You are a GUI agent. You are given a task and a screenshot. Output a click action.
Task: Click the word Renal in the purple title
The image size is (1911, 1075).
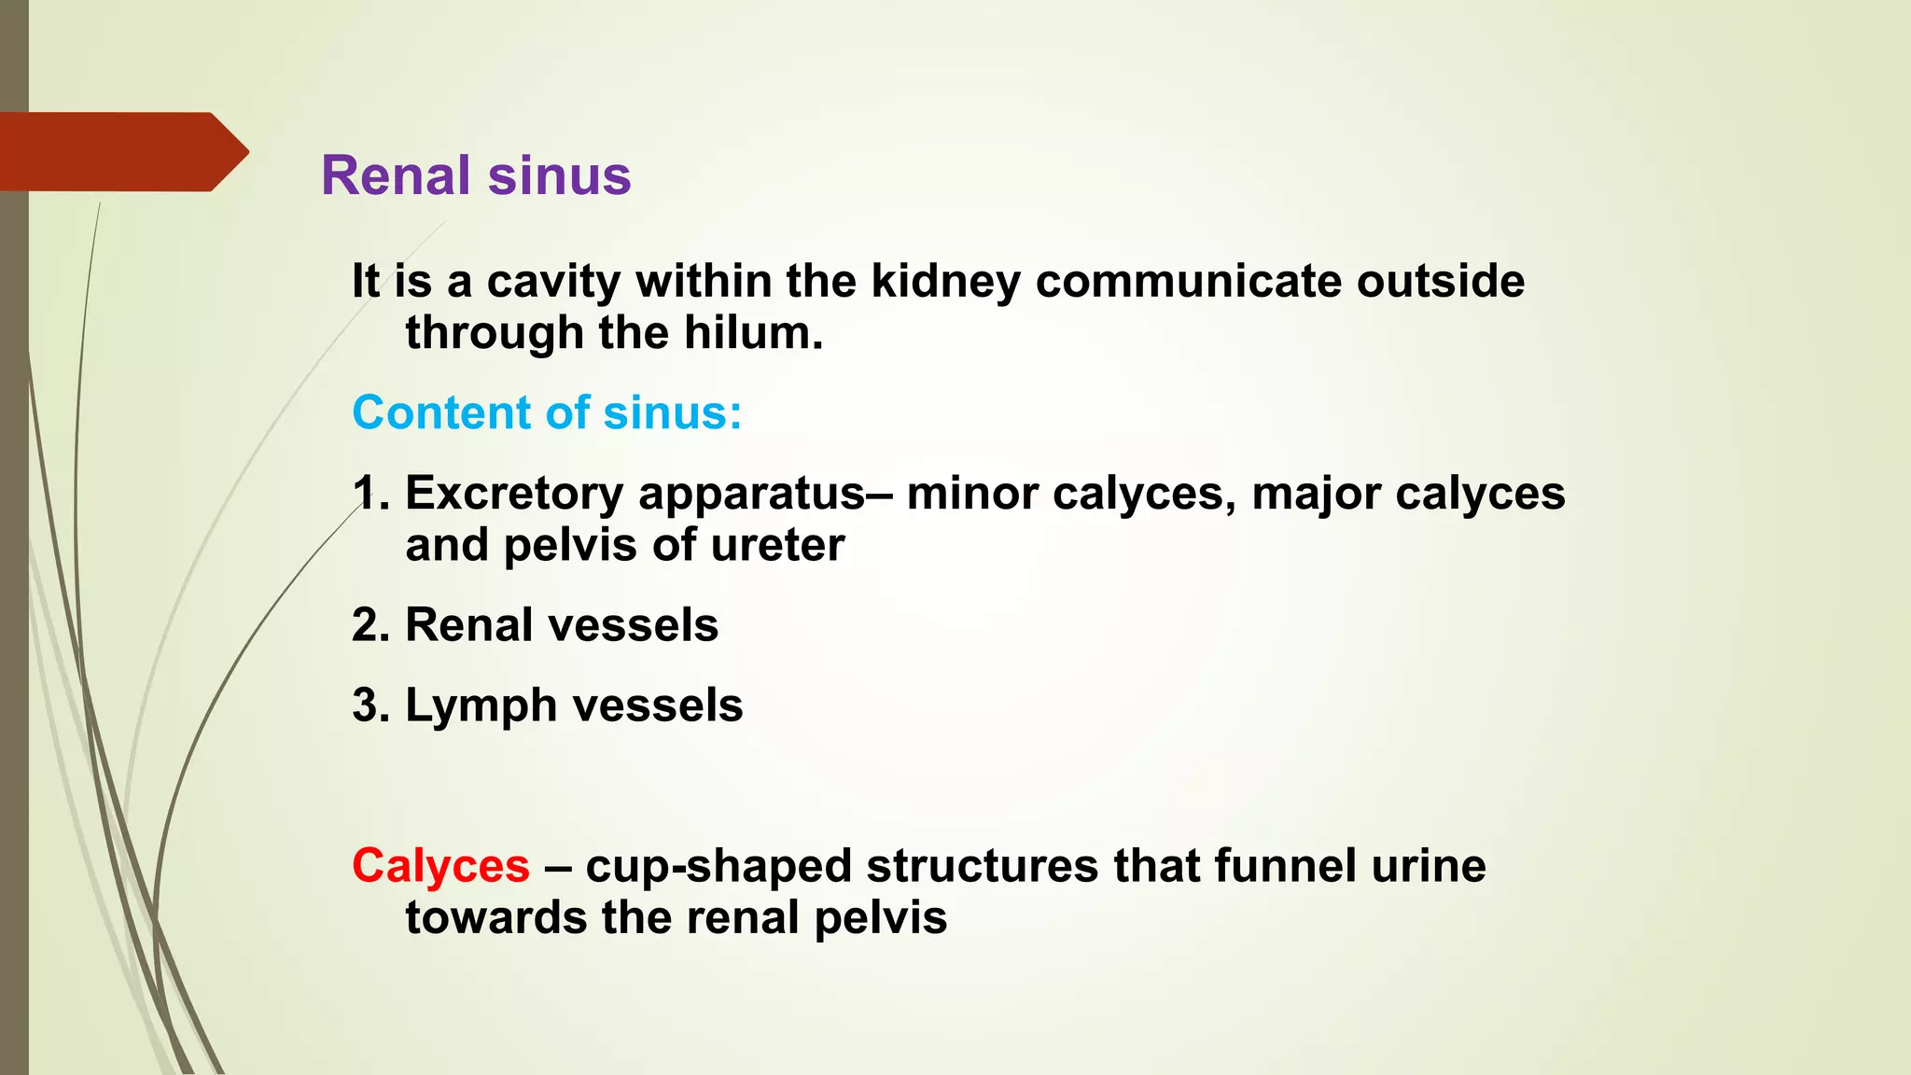click(396, 175)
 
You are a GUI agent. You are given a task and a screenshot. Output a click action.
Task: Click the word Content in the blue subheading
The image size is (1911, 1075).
click(425, 412)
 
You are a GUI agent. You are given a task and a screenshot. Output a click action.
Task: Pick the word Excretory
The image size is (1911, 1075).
click(513, 494)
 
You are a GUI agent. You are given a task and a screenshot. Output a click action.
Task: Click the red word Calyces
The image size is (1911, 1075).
click(440, 867)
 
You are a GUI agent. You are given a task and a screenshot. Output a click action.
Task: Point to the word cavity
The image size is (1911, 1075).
click(553, 282)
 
